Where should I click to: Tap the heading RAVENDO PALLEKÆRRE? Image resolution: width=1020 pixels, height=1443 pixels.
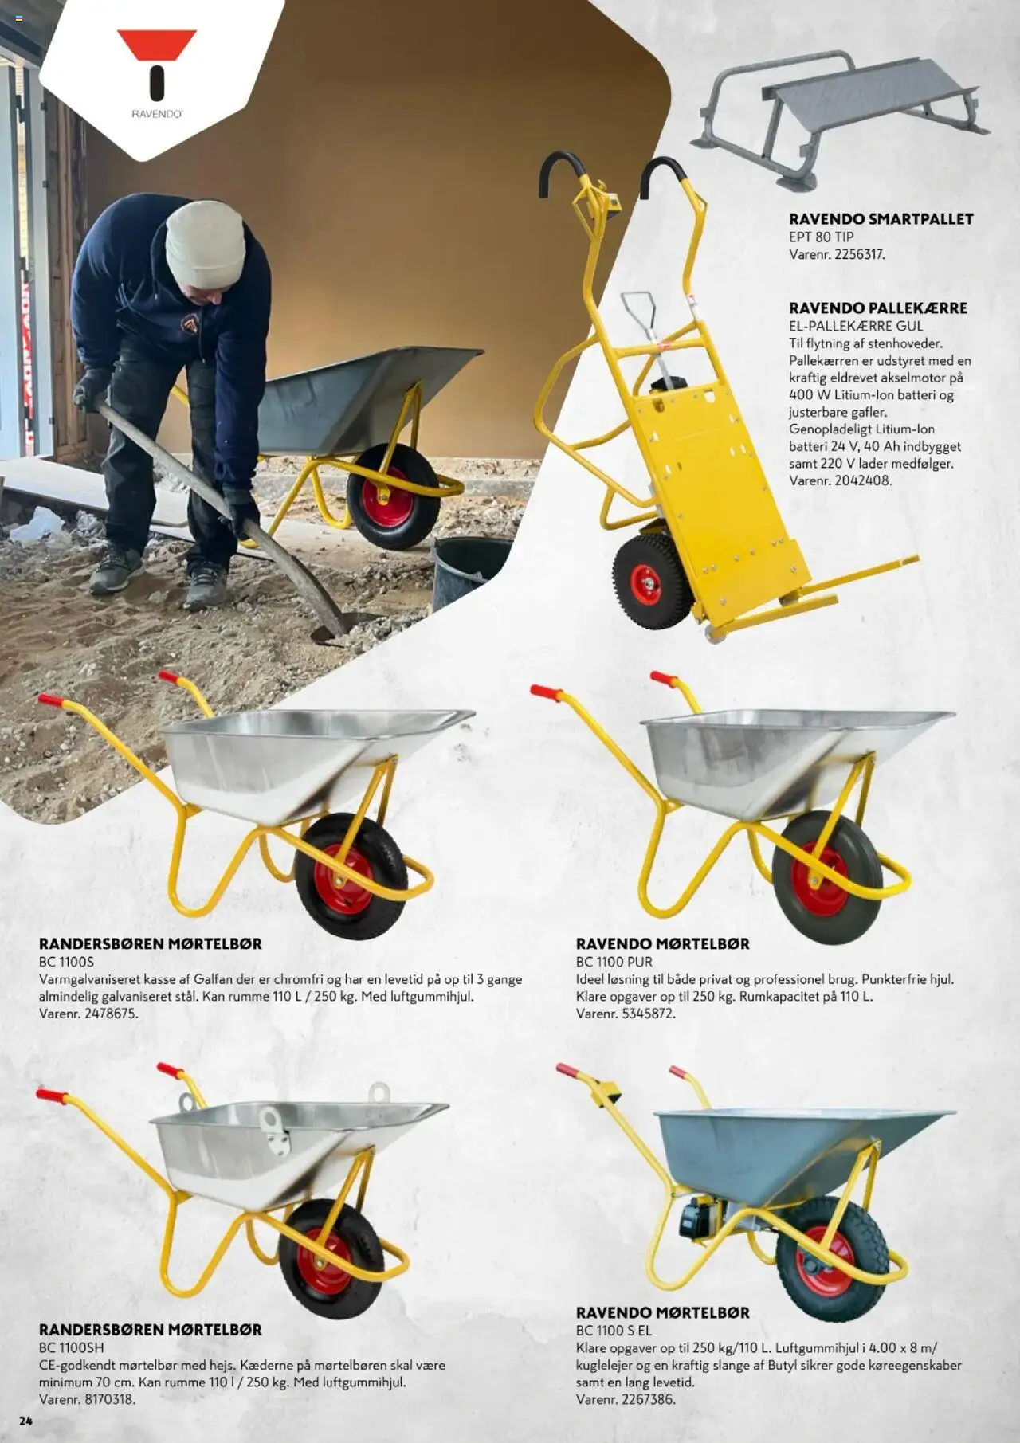(x=877, y=308)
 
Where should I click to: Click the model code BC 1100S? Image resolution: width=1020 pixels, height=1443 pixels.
(x=66, y=962)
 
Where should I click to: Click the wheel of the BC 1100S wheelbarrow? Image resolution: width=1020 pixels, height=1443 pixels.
(x=343, y=876)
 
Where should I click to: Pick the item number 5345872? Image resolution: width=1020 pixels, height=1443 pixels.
(x=648, y=1014)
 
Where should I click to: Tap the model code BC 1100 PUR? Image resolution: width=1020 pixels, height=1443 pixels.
(x=614, y=962)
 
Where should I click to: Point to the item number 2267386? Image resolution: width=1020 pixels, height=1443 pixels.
(x=648, y=1399)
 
